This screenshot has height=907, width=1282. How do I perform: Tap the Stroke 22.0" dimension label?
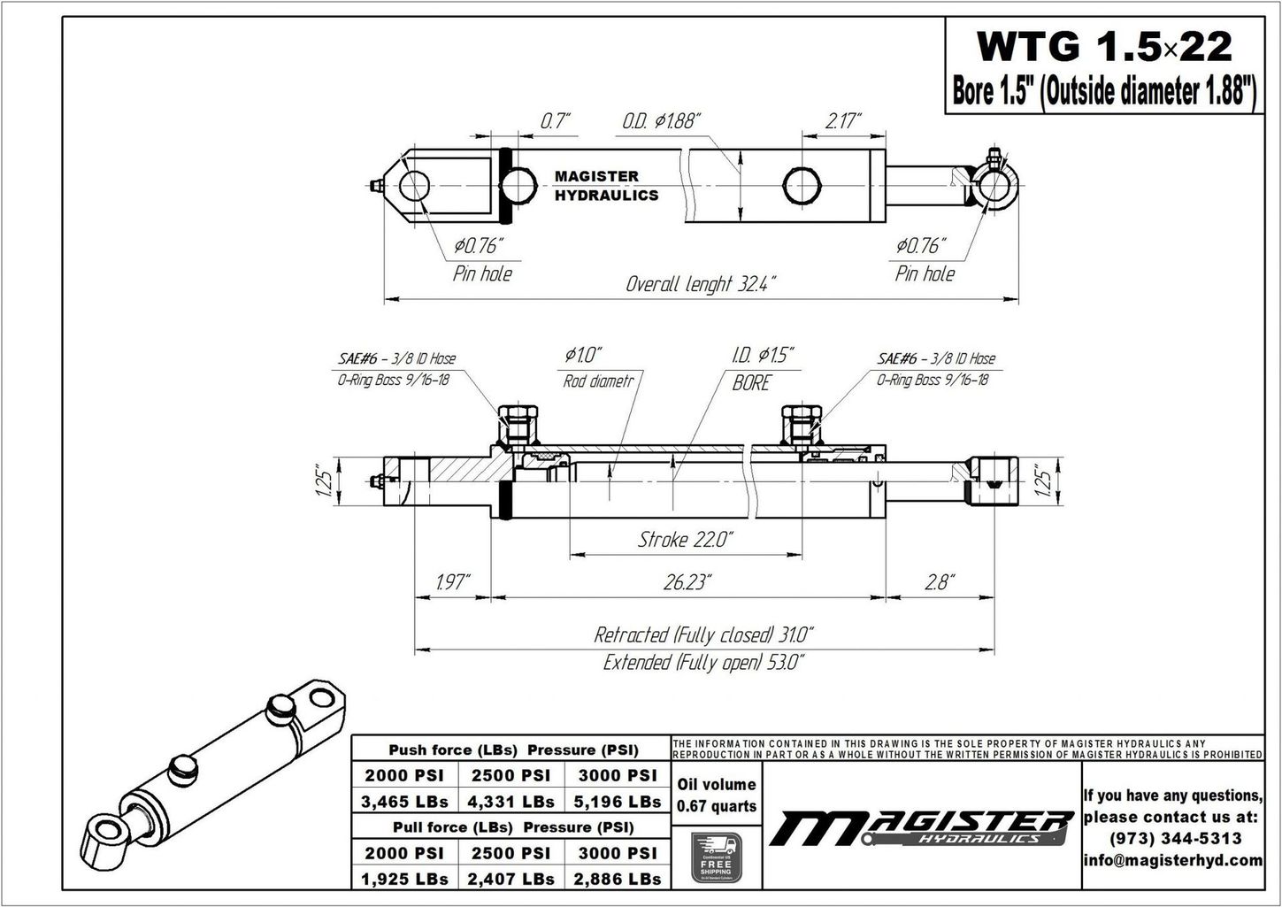click(x=686, y=539)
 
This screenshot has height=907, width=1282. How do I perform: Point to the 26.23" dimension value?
click(x=687, y=581)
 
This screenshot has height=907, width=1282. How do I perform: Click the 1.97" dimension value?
click(x=453, y=581)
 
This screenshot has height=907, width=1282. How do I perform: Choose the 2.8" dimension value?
click(x=938, y=581)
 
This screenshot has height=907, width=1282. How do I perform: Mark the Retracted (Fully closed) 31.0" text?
click(x=703, y=634)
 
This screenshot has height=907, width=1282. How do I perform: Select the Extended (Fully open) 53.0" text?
click(x=703, y=662)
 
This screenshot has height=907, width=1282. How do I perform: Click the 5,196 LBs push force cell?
click(x=618, y=802)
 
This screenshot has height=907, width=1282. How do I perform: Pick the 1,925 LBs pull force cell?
click(x=405, y=879)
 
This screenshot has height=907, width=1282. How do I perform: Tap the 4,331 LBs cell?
click(x=511, y=802)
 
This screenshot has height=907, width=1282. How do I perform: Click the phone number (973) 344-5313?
click(x=1172, y=838)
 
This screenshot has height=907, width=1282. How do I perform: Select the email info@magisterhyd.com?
click(x=1172, y=860)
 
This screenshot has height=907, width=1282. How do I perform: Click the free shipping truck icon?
click(x=716, y=856)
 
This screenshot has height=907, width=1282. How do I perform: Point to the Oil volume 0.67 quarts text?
click(x=716, y=795)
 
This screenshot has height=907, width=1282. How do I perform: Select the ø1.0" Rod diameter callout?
click(x=584, y=367)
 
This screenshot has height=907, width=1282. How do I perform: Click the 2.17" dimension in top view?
click(x=842, y=121)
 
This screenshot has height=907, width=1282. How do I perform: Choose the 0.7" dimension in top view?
click(x=556, y=121)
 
